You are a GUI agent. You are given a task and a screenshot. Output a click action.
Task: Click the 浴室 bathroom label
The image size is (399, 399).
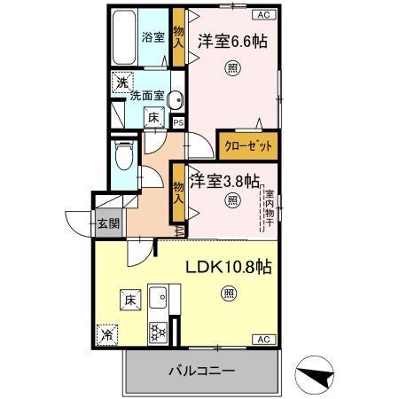point(153,37)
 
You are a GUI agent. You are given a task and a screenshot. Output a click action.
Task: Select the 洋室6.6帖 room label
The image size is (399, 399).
point(233,41)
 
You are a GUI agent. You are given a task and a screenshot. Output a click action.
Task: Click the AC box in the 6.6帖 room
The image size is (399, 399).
point(263,15)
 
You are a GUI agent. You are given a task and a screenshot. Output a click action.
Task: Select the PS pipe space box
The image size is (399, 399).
point(178,123)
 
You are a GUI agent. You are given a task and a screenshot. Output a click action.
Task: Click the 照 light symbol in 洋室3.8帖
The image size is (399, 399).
point(232,200)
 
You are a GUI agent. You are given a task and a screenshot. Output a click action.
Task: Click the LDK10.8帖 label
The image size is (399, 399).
point(228,265)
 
